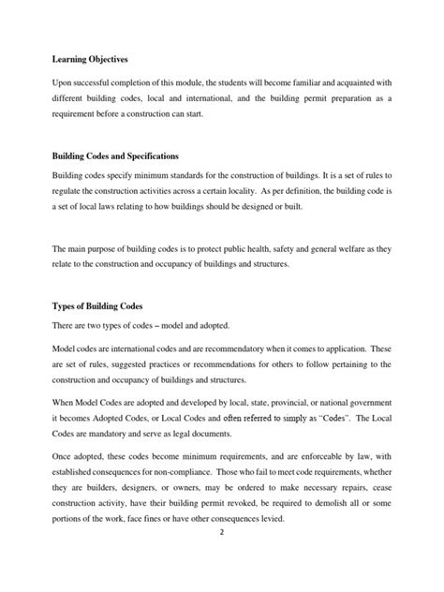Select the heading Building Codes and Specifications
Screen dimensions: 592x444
click(x=113, y=155)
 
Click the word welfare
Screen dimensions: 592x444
click(x=339, y=246)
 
